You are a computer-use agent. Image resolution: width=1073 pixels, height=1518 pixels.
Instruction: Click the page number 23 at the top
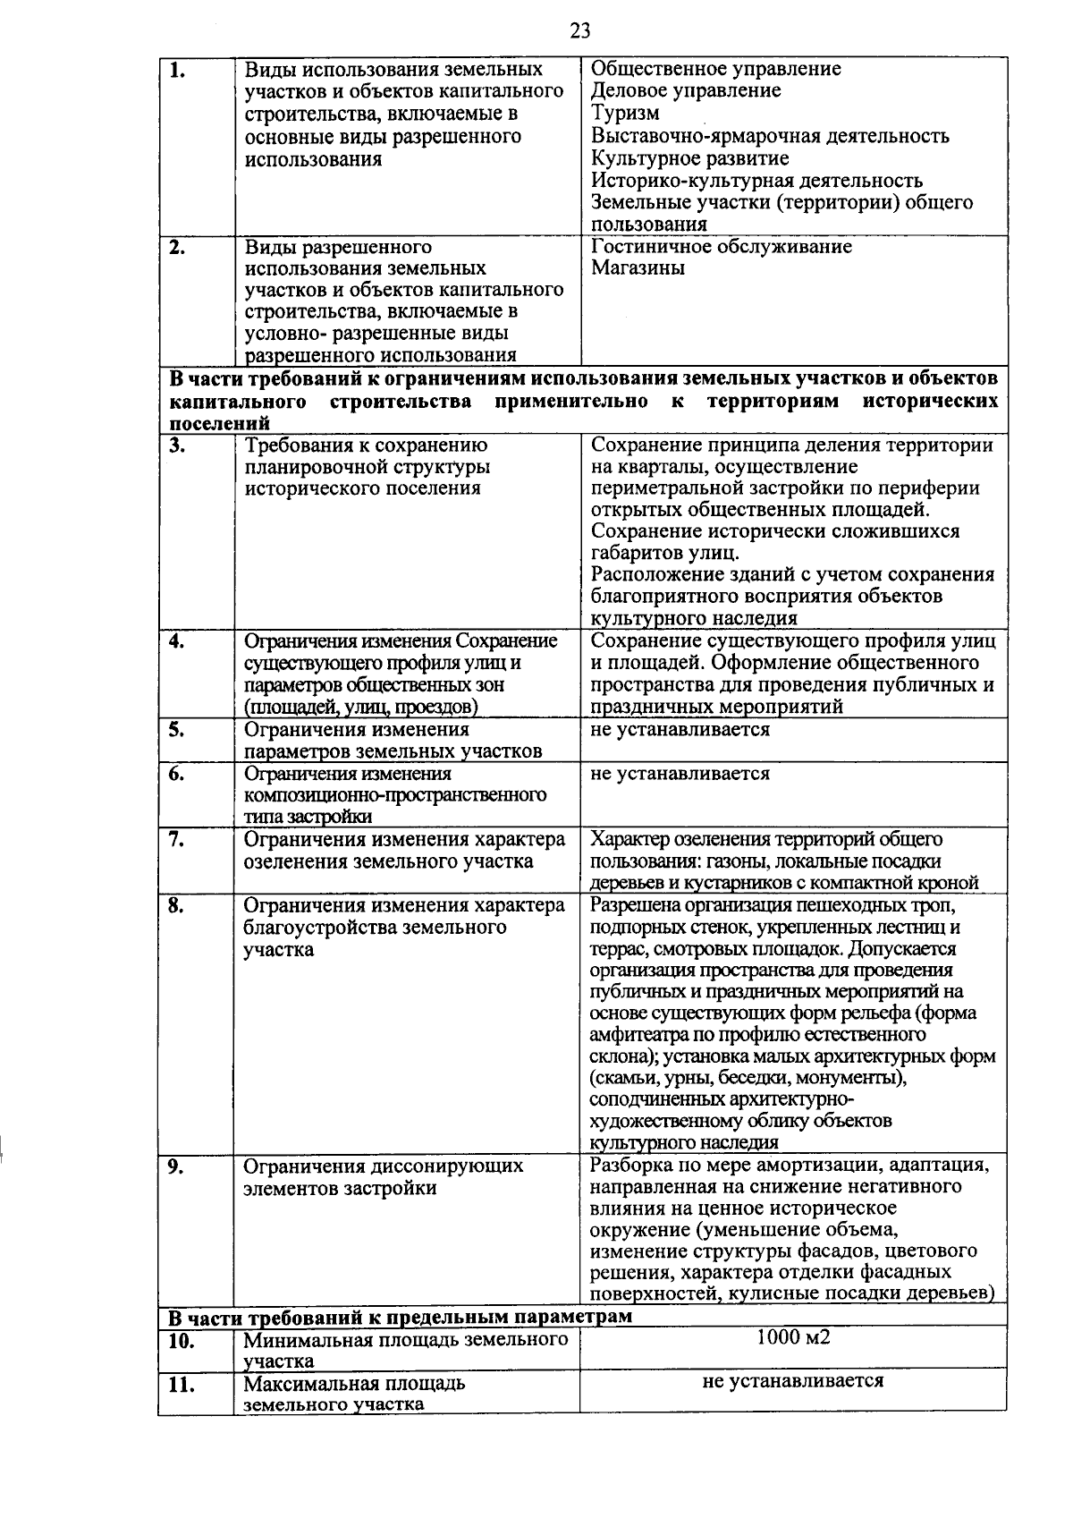[x=579, y=31]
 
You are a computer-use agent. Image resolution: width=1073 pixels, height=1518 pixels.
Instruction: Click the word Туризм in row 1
[x=626, y=114]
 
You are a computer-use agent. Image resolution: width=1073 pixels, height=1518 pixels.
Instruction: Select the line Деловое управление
[x=686, y=91]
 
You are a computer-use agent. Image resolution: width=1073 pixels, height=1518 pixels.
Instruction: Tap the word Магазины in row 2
[x=638, y=268]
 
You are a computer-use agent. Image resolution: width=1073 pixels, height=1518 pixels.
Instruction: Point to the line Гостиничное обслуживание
[x=722, y=247]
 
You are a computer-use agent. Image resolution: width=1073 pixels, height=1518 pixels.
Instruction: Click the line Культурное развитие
[x=690, y=159]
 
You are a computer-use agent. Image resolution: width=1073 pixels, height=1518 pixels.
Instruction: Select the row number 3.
[x=176, y=445]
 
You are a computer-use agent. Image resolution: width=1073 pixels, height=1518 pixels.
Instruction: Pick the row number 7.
[x=176, y=839]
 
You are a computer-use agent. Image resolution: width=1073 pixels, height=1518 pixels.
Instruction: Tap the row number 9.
[x=176, y=1166]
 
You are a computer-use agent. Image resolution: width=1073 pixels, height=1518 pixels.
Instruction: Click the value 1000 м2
[x=793, y=1338]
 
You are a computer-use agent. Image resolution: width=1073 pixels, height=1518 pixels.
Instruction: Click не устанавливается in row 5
[x=680, y=729]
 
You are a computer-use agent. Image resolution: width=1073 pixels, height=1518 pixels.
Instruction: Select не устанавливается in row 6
[x=680, y=773]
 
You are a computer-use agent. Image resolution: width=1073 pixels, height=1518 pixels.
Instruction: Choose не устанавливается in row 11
[x=793, y=1381]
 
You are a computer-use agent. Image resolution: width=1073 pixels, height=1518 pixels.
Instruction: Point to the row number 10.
[x=182, y=1340]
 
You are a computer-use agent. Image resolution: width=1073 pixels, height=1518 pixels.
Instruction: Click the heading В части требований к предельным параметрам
[x=400, y=1318]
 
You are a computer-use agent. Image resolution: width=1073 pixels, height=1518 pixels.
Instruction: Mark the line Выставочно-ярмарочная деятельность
[x=770, y=136]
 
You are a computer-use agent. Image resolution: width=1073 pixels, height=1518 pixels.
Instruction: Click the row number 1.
[x=176, y=70]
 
